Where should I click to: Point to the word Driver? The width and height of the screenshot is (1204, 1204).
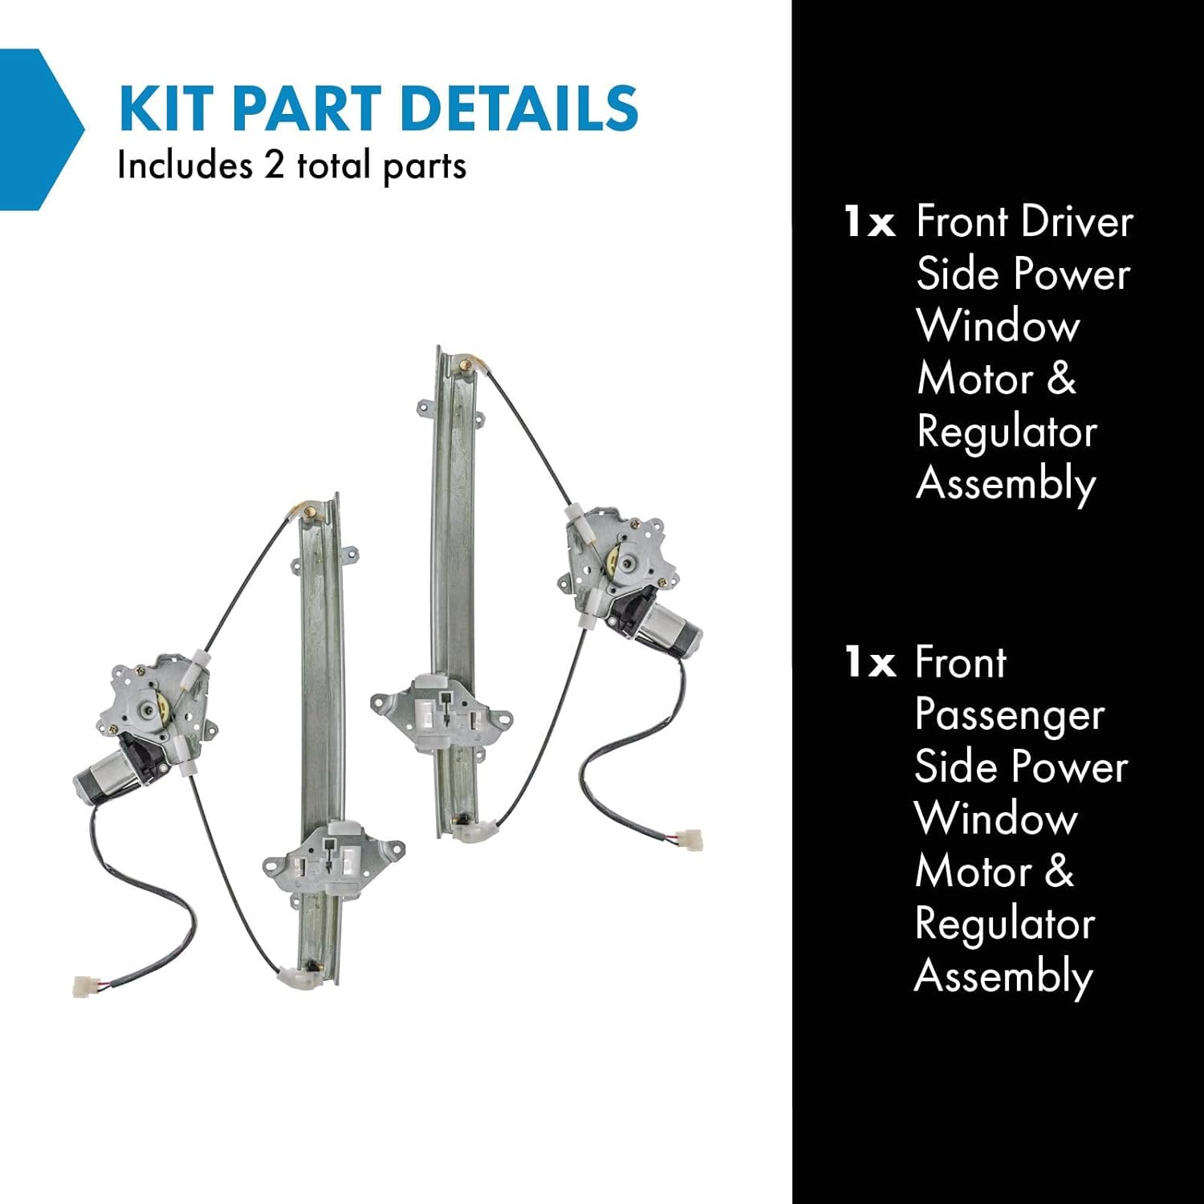pos(1078,222)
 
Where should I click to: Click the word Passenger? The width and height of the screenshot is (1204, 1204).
pos(1010,716)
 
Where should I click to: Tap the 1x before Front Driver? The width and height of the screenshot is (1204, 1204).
pos(869,222)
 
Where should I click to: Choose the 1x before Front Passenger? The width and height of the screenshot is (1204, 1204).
pos(869,663)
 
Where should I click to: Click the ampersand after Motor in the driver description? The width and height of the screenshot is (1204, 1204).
pos(1061,379)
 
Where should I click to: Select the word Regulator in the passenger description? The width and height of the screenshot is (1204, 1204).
pos(1005,925)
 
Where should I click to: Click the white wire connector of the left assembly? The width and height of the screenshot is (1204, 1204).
pos(83,986)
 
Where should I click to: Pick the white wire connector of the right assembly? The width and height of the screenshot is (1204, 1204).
pos(688,839)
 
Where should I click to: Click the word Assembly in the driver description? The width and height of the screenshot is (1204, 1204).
pos(1006,485)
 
